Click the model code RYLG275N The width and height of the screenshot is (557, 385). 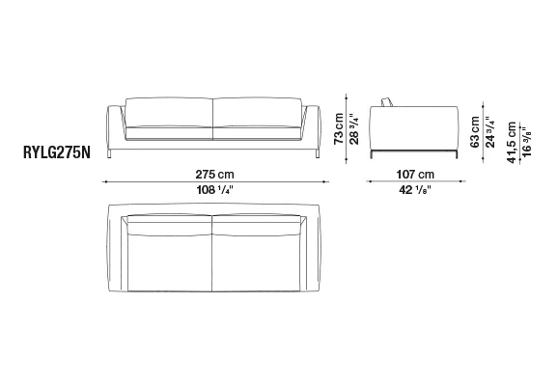pos(57,152)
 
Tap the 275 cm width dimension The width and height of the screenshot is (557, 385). pos(214,175)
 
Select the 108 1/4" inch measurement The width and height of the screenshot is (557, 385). pos(214,190)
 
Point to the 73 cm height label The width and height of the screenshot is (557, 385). pos(339,128)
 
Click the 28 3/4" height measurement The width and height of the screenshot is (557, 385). pos(354,129)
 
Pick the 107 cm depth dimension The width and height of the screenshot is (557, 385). pos(415,175)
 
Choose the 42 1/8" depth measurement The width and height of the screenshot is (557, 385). pos(415,190)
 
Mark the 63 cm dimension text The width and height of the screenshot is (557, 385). pos(475,132)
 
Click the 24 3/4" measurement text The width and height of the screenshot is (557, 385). pos(490,132)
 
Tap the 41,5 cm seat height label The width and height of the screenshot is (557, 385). pos(512,143)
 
